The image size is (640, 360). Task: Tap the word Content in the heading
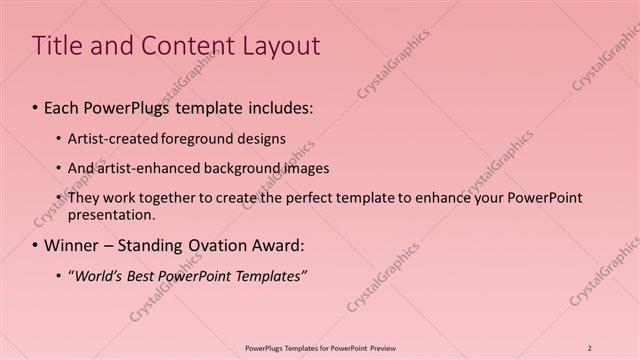coord(176,46)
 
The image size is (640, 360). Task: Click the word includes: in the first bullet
coord(274,105)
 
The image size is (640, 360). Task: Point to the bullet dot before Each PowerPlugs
coord(36,106)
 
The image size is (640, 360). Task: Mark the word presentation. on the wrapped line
coord(111,214)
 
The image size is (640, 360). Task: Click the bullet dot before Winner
coord(36,245)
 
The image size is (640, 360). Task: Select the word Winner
coord(73,245)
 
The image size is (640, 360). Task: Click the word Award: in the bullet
coord(273,245)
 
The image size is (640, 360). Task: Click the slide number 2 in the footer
coord(590,348)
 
